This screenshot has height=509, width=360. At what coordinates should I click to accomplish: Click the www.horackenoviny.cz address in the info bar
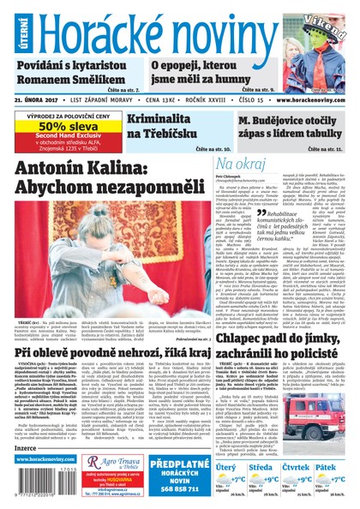coord(310,99)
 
